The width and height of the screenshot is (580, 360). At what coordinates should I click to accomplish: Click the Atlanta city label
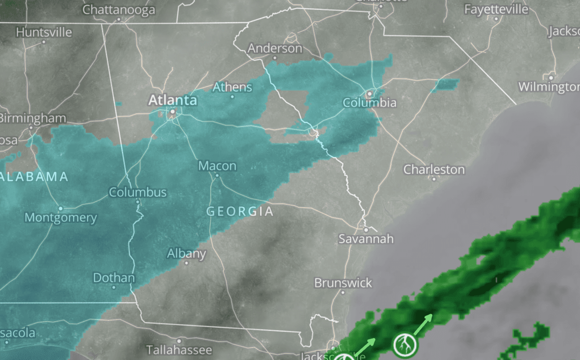[173, 100]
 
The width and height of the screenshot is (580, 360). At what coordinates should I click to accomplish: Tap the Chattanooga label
[119, 10]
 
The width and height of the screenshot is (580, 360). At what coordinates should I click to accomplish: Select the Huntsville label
[44, 33]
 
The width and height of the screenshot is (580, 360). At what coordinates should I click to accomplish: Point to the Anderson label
[275, 48]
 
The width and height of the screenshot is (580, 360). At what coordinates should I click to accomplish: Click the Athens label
[232, 87]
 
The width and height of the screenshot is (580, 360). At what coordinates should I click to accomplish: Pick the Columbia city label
[369, 103]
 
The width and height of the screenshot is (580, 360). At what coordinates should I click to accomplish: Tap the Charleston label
[434, 170]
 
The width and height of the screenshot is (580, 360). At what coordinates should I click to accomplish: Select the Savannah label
[366, 239]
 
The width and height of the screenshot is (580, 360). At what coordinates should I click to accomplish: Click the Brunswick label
[343, 283]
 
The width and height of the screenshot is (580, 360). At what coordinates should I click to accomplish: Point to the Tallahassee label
[179, 350]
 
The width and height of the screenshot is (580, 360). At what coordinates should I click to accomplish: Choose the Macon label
[217, 166]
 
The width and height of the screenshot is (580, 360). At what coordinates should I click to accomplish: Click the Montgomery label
[61, 218]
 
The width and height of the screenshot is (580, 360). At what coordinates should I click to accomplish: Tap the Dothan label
[114, 277]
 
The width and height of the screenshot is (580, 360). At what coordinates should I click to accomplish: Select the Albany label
[187, 253]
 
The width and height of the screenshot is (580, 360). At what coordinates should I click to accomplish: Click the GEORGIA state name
[240, 211]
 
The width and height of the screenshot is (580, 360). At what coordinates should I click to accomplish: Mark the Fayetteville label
[496, 10]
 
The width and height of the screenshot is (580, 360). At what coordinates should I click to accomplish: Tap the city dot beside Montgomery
[60, 209]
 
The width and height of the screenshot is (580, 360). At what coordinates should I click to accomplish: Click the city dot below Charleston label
[434, 179]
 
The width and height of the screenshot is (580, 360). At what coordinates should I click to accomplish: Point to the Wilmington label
[549, 87]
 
